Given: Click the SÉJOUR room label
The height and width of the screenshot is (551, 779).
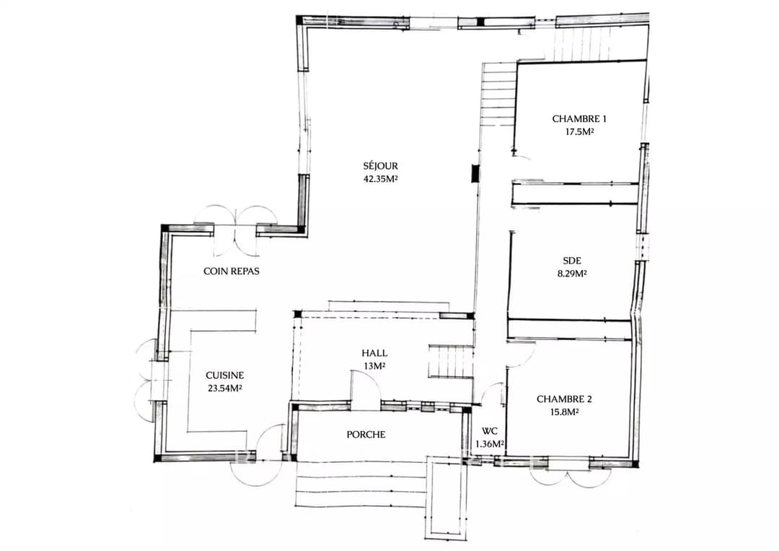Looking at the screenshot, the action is pos(381,166).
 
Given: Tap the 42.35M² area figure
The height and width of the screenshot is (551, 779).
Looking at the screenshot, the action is pos(381,179).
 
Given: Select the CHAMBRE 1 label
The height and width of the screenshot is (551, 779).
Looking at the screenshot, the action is pos(579,119).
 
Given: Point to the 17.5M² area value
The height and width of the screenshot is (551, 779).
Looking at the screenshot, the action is pos(579,132).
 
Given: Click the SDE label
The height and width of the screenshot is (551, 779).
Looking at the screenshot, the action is pos(572,261).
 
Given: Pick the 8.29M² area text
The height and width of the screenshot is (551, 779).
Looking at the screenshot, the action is pos(572,274).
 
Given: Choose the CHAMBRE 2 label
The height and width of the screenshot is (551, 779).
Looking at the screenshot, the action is pos(564,399).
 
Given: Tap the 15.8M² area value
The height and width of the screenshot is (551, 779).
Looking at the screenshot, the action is pos(564,412).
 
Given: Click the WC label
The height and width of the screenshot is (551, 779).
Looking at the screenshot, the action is pos(489,432).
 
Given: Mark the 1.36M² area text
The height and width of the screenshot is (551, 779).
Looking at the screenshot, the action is pos(490,443).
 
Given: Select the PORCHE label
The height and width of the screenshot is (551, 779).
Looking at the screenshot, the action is pos(366,435).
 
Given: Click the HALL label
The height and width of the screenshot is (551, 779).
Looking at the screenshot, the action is pos(374,354).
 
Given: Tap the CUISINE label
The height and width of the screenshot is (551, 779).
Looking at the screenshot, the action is pos(225,376).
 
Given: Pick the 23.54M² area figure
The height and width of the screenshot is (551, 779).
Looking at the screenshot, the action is pos(225,389).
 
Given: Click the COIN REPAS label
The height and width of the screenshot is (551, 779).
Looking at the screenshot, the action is pos(232,271).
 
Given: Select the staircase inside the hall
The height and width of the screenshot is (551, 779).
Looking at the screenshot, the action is pos(450,362).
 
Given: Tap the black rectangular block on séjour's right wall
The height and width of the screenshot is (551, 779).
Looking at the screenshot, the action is pos(475,173).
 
